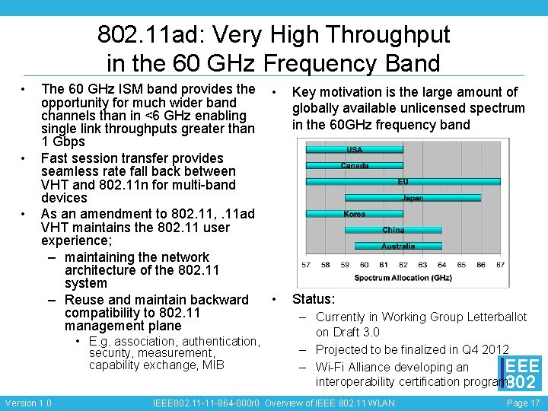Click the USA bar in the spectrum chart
pos(355,149)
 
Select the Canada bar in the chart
pos(355,165)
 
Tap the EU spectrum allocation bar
pos(403,181)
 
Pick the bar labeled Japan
pos(413,198)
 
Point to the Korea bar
pos(355,214)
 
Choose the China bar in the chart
pos(393,230)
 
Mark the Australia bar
pos(398,246)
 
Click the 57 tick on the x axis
pos(306,265)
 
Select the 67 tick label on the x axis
pos(500,265)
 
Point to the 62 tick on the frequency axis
pos(403,265)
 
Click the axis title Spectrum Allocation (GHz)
pos(403,278)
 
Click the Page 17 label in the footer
pos(523,403)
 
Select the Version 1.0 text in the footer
pos(28,403)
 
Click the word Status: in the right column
pos(314,299)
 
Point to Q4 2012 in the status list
pos(484,349)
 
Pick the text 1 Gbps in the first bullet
pos(63,142)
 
